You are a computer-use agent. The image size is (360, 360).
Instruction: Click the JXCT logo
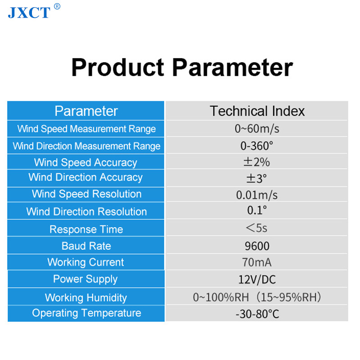(x=29, y=13)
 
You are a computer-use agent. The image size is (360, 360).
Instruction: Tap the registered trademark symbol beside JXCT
(x=57, y=6)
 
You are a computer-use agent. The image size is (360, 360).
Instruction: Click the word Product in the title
(x=118, y=67)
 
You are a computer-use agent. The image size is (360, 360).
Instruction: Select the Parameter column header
(x=86, y=111)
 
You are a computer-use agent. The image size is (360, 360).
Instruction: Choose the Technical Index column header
(x=257, y=111)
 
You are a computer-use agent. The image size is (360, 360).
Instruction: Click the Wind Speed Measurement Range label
(x=86, y=129)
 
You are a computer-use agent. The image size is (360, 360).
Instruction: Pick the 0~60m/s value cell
(x=257, y=129)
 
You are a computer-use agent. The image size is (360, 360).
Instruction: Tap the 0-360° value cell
(x=256, y=146)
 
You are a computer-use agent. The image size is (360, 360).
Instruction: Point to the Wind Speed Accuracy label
(x=85, y=162)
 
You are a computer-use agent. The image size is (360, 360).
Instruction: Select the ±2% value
(x=256, y=162)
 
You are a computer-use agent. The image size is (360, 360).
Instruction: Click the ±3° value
(x=256, y=178)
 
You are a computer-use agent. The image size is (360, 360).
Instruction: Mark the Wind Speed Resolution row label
(x=86, y=194)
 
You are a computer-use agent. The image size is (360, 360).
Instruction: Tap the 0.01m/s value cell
(x=256, y=195)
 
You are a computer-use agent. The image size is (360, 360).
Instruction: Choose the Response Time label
(x=86, y=229)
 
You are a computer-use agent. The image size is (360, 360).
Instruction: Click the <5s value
(x=256, y=228)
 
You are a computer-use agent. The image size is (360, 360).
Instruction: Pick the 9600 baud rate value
(x=257, y=246)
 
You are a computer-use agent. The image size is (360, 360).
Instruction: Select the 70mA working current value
(x=256, y=262)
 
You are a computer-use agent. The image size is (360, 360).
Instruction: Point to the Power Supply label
(x=85, y=279)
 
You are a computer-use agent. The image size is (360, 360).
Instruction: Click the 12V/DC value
(x=257, y=279)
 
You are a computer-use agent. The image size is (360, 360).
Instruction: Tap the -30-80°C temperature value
(x=257, y=314)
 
